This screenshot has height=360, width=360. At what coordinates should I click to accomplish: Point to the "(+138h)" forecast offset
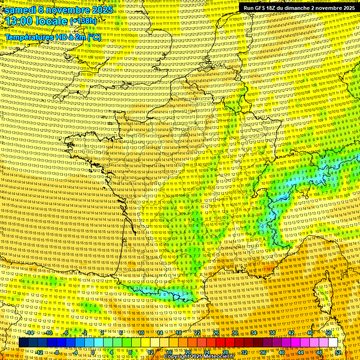[x=83, y=22]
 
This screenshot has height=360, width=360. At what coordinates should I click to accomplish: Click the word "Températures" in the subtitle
[x=30, y=37]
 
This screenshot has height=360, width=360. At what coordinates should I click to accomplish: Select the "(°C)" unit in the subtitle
[x=94, y=37]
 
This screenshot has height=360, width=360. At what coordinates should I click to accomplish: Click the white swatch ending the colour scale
[x=333, y=343]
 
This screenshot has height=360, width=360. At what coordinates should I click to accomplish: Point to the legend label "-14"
[x=30, y=333]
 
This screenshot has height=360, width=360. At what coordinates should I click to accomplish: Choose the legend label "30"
[x=235, y=333]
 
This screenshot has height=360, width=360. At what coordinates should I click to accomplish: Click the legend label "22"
[x=197, y=333]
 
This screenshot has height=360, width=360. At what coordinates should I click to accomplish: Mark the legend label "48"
[x=320, y=352]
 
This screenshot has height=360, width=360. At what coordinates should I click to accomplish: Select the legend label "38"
[x=272, y=333]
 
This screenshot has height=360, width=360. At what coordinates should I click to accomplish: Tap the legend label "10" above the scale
[x=141, y=333]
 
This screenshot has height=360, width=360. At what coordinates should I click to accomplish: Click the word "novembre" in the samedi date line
[x=69, y=10]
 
